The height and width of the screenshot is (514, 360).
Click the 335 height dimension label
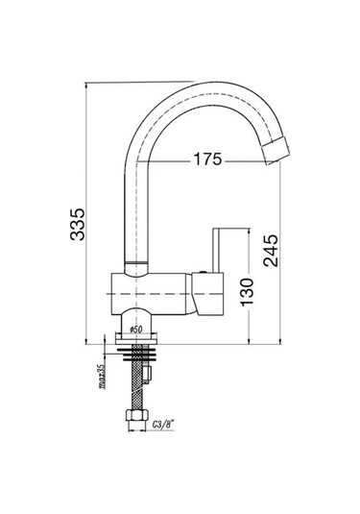pyautogui.click(x=78, y=224)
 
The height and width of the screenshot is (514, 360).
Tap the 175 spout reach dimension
pyautogui.click(x=207, y=159)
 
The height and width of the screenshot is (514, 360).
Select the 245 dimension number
pyautogui.click(x=272, y=250)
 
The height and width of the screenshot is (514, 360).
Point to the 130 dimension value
pyautogui.click(x=247, y=292)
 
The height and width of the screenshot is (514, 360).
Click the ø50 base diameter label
pyautogui.click(x=136, y=330)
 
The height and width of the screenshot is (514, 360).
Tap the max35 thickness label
pyautogui.click(x=102, y=377)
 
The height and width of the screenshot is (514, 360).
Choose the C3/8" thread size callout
pyautogui.click(x=162, y=425)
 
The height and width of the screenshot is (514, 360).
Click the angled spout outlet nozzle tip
pyautogui.click(x=276, y=151)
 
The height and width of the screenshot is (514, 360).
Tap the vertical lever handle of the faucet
pyautogui.click(x=217, y=250)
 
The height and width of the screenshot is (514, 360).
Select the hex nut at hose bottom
pyautogui.click(x=136, y=416)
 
